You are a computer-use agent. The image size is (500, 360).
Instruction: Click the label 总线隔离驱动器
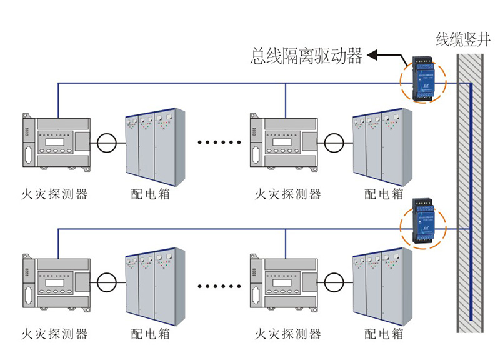click(x=306, y=57)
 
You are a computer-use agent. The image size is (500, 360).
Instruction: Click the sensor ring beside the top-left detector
click(x=106, y=142)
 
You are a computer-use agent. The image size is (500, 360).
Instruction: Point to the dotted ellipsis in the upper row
click(x=219, y=142)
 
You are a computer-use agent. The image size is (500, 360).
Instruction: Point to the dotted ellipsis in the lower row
click(x=219, y=285)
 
